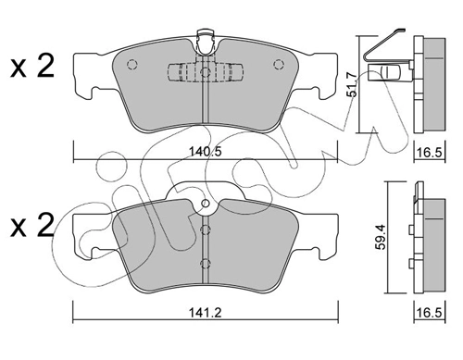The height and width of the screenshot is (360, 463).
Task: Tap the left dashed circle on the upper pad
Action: tap(131, 65)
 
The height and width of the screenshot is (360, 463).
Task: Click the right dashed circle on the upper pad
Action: tap(277, 65)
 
